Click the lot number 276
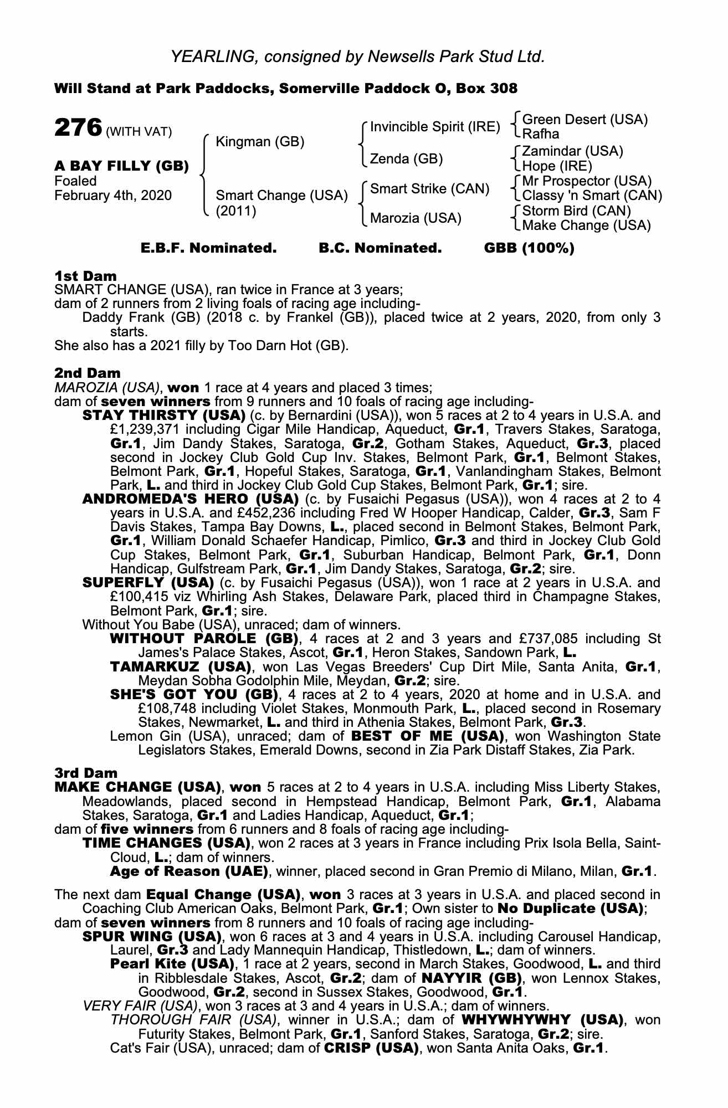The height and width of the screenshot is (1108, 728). click(x=78, y=128)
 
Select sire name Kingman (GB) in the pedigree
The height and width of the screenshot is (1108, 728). click(x=259, y=142)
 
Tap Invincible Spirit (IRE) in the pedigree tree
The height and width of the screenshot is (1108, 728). click(x=435, y=127)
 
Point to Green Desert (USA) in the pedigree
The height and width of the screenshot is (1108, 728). click(x=585, y=120)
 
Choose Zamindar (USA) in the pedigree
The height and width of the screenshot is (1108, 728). click(x=573, y=151)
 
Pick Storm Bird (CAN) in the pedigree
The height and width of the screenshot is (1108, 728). click(x=577, y=211)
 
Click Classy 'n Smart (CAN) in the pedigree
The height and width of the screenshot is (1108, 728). click(x=592, y=196)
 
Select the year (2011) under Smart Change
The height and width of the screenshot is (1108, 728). click(x=236, y=211)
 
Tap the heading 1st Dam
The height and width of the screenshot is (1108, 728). click(x=85, y=276)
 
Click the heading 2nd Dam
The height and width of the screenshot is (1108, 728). click(x=87, y=373)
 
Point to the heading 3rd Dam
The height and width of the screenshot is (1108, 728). click(x=86, y=773)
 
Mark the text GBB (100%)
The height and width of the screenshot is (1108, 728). click(x=529, y=248)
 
